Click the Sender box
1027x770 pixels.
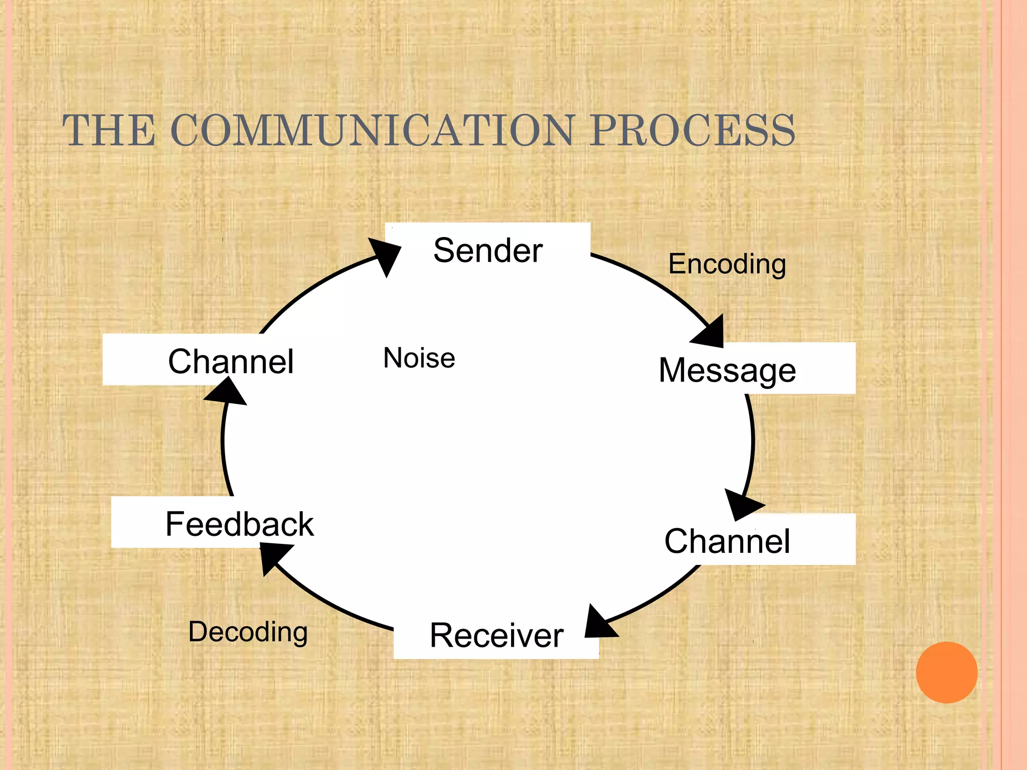487,250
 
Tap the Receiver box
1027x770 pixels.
496,635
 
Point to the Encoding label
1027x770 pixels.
727,264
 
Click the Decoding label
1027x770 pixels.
248,632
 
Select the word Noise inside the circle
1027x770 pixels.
419,358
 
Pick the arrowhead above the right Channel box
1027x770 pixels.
742,504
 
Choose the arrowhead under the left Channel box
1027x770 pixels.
226,393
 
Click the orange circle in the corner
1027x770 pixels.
946,672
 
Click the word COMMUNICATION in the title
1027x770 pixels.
372,130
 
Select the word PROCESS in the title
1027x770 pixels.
692,130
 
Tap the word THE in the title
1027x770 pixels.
108,130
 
